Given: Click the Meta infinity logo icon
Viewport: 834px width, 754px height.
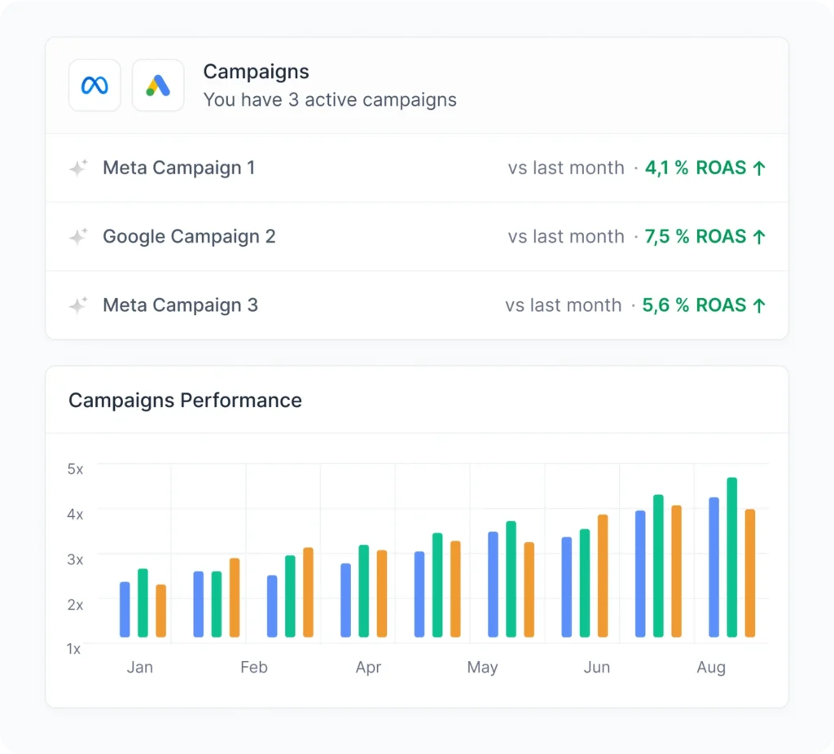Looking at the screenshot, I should tap(94, 85).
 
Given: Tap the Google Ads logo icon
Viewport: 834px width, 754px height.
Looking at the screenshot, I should tap(158, 85).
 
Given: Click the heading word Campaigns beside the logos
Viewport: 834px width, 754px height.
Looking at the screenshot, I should tap(256, 72).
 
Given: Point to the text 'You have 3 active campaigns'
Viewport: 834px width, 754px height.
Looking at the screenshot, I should tap(329, 100).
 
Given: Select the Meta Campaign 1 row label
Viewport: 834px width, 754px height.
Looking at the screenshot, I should tap(178, 168).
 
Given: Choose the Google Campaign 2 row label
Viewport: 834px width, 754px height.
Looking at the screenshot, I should tap(189, 237).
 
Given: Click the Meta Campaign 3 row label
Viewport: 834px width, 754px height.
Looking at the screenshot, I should tap(180, 305).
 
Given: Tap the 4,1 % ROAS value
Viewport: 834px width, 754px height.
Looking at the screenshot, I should tap(705, 168).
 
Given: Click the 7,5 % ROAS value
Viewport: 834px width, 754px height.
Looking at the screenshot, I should tap(705, 237).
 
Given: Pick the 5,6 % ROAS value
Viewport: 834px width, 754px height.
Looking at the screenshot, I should tap(704, 305).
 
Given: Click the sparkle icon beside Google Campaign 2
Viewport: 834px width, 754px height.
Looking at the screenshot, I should tap(78, 237).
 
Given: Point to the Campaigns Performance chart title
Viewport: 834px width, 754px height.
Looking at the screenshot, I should tap(185, 401).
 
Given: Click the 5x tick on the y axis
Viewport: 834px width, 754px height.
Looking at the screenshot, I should tap(75, 469).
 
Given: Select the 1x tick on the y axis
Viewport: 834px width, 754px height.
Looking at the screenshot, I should tap(74, 649).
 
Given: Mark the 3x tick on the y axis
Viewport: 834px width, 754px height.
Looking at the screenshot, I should tap(75, 559).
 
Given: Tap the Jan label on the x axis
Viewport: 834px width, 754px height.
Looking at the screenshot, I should tap(139, 668).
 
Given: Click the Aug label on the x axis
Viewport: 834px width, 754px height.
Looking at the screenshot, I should tap(710, 668).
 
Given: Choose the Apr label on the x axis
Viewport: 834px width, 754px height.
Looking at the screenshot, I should tap(368, 668).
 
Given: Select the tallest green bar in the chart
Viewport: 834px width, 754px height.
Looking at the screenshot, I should tap(731, 558).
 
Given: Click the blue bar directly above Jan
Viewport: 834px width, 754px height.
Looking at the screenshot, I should tap(125, 609).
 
